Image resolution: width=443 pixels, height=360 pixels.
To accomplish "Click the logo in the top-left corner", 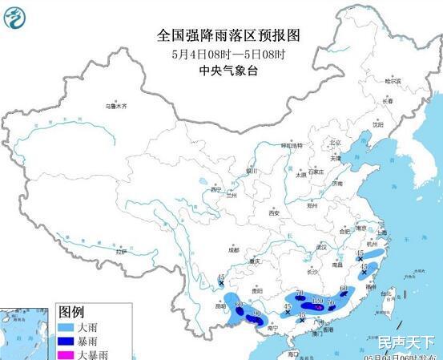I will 16,17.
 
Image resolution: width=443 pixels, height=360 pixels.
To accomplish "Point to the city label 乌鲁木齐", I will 115,106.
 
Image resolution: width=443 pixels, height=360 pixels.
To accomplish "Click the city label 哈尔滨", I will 391,81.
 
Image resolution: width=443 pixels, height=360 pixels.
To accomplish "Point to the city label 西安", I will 274,213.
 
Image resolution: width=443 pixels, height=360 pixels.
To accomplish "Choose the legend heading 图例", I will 72,311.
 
